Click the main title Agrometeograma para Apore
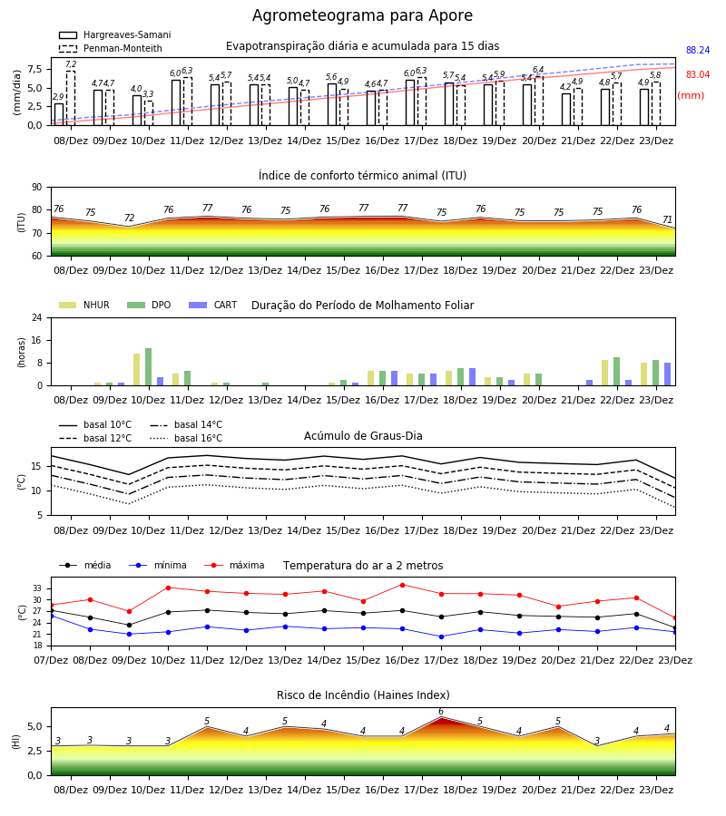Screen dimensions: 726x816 (x=362, y=15)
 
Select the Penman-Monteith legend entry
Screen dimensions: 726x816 (x=111, y=48)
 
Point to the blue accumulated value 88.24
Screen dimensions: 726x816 (x=698, y=50)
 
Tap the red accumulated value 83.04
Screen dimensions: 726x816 (x=698, y=74)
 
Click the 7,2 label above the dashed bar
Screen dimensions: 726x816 (x=71, y=64)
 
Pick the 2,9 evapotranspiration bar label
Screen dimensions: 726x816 (x=58, y=97)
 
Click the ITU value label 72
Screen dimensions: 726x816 (x=129, y=218)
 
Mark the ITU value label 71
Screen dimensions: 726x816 (x=668, y=219)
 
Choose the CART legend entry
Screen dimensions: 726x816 (x=213, y=305)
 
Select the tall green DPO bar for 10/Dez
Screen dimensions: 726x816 (x=149, y=367)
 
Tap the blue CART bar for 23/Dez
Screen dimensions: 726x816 (x=668, y=374)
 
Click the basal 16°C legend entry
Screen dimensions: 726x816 (x=186, y=438)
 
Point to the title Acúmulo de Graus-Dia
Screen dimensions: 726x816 (x=363, y=436)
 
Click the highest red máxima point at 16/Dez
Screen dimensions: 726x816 (x=402, y=585)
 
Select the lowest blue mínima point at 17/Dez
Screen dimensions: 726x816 (x=442, y=636)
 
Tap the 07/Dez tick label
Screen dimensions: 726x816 (x=51, y=660)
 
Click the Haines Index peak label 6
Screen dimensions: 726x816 (x=441, y=712)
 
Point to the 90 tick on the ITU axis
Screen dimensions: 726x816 (x=37, y=188)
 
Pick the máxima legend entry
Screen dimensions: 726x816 (x=234, y=565)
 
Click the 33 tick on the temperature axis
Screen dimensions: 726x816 (x=37, y=588)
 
